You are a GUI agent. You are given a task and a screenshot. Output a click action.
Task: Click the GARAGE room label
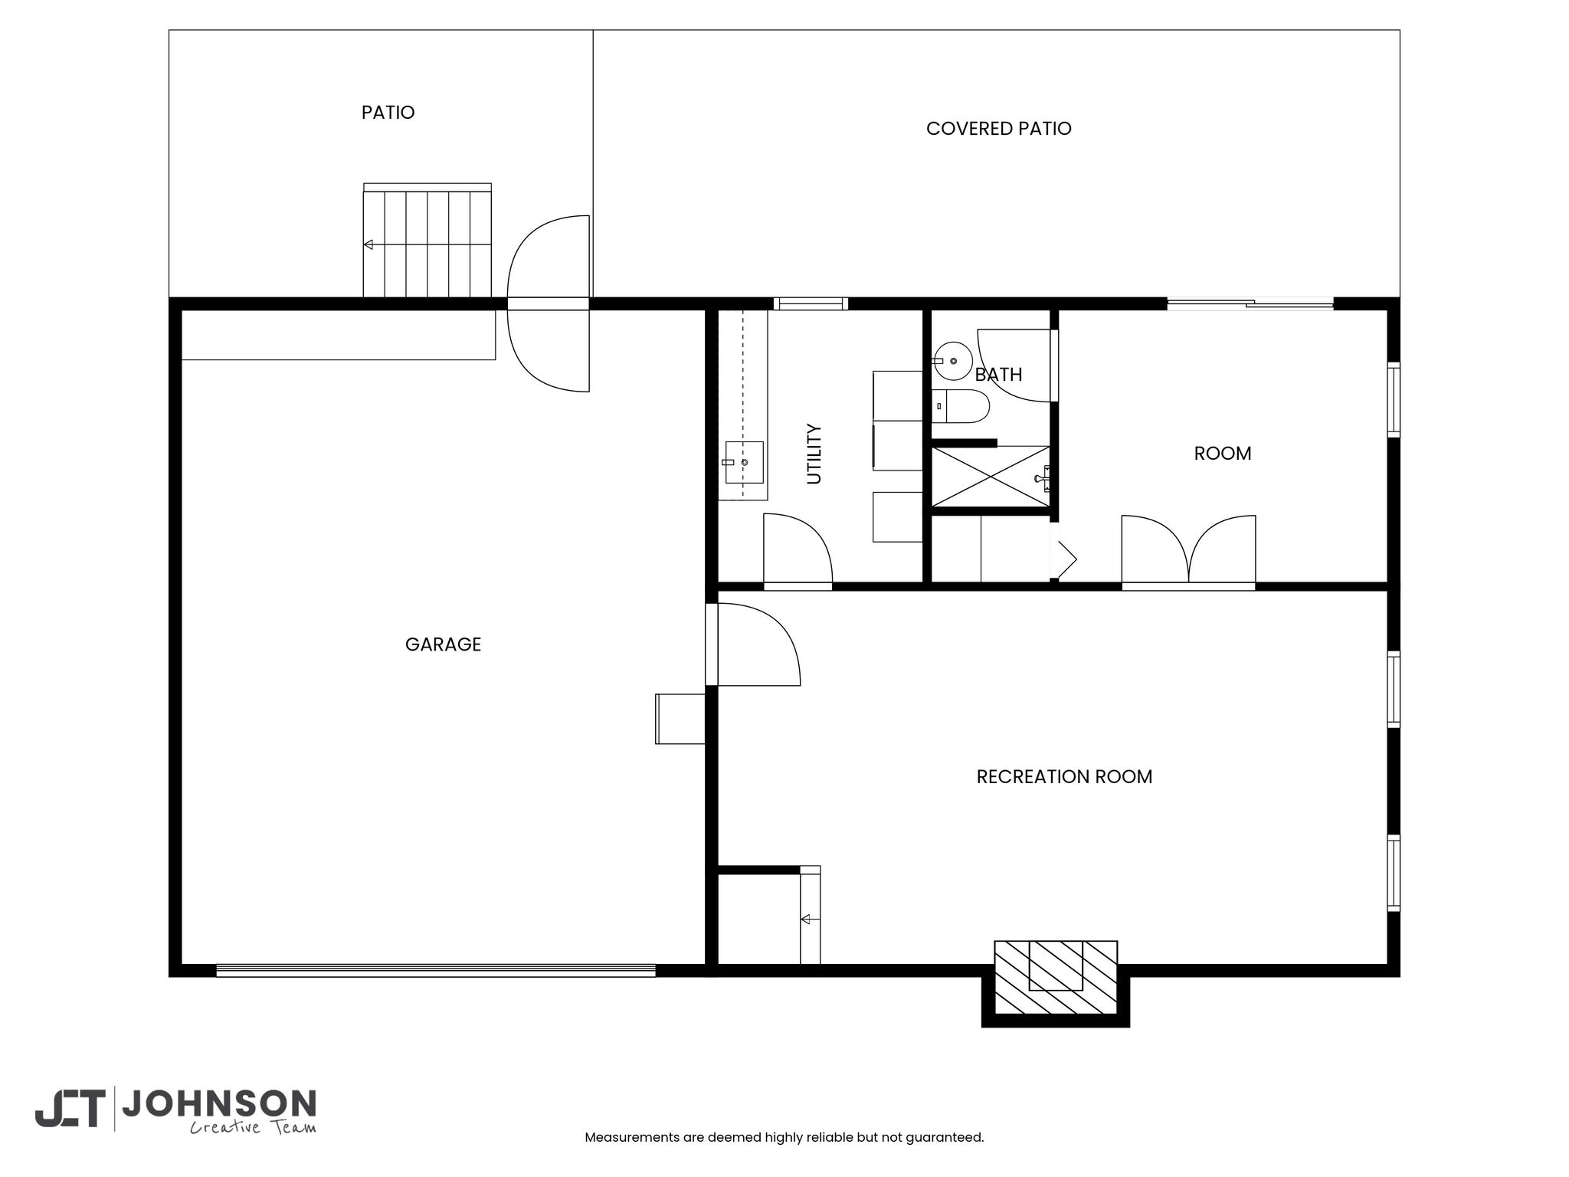tap(443, 644)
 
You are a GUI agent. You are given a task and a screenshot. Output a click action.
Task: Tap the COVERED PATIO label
tap(998, 129)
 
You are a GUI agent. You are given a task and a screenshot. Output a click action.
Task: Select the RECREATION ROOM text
tap(1064, 777)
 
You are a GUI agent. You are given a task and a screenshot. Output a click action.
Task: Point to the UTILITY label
tap(814, 454)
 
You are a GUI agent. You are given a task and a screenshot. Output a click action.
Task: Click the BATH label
tap(998, 375)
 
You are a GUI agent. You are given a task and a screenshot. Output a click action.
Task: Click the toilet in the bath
tap(961, 406)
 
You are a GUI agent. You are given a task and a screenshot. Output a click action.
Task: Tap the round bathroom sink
tap(952, 361)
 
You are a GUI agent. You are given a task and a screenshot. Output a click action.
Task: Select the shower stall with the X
tap(991, 477)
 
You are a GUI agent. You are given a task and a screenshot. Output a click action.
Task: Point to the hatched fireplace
tap(1056, 977)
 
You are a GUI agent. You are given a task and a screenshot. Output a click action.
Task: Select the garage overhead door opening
tap(436, 970)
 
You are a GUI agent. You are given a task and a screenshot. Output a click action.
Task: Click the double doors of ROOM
tap(1188, 550)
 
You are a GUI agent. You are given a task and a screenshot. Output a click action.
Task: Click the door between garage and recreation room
tap(753, 644)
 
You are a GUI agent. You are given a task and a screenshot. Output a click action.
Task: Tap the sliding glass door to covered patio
tap(1250, 303)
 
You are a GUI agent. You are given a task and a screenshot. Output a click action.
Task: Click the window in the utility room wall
tap(811, 303)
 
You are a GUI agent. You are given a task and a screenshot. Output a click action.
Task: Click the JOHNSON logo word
tap(219, 1104)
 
